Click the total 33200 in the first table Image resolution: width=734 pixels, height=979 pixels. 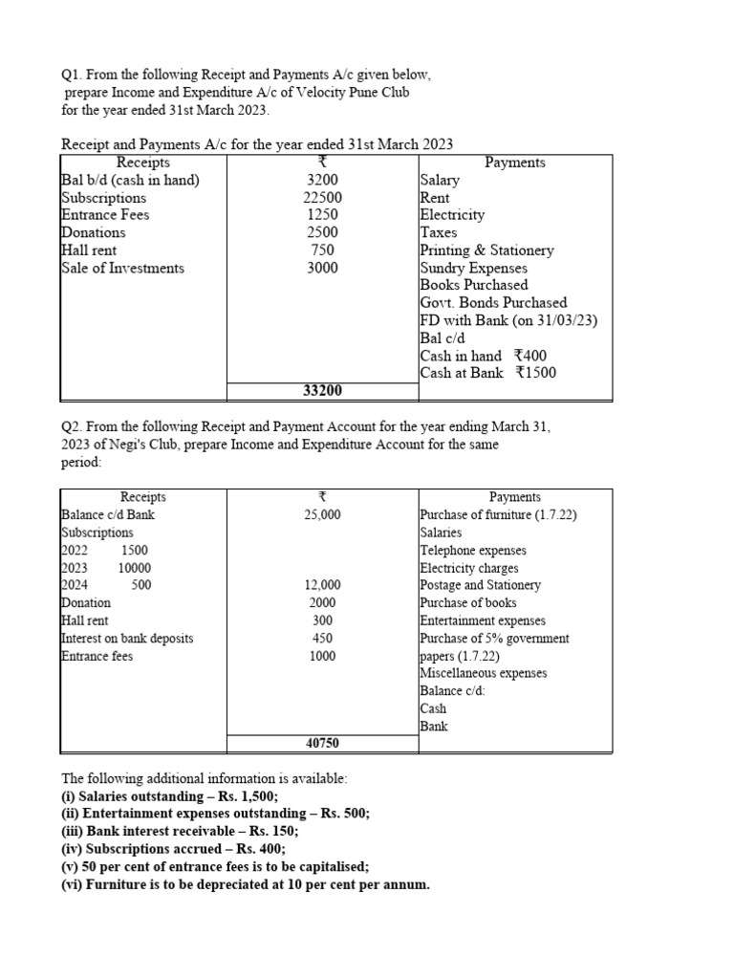[x=322, y=391]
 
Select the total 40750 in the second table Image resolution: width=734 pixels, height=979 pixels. [x=322, y=743]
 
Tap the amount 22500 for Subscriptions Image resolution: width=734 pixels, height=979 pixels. [x=322, y=198]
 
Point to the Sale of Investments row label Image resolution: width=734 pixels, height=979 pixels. [x=122, y=268]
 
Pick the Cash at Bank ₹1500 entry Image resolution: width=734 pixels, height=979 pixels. [x=487, y=373]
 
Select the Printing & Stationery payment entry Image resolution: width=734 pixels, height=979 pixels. [x=486, y=250]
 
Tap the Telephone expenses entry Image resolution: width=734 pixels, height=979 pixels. [x=472, y=551]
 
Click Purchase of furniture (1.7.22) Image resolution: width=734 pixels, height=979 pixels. [x=498, y=515]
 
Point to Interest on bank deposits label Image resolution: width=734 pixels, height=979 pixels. [x=126, y=639]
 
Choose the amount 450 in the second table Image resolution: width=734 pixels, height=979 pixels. [x=322, y=639]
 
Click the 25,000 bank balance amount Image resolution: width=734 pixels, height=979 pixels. [x=322, y=515]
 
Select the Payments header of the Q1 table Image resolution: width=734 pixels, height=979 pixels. [x=515, y=163]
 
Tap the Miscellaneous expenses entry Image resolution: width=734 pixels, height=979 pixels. [x=483, y=673]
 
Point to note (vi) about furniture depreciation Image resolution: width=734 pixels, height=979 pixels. [x=246, y=884]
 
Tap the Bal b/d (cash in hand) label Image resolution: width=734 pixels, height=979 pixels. [x=130, y=181]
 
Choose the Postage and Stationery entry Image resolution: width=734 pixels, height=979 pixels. [x=480, y=585]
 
